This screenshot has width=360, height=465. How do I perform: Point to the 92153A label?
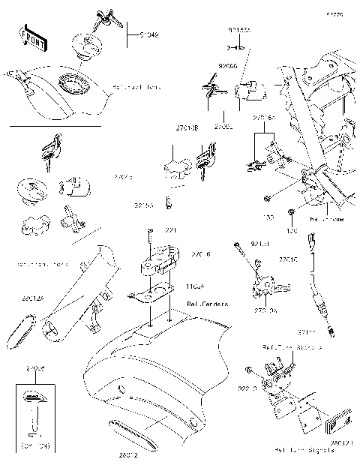(239, 30)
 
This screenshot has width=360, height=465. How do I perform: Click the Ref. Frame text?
(326, 219)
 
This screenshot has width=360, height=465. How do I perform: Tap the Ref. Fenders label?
(187, 304)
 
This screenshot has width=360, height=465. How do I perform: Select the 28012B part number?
(341, 442)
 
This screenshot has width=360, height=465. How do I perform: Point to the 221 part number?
(171, 230)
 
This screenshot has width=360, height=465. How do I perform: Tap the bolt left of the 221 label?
(150, 233)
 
